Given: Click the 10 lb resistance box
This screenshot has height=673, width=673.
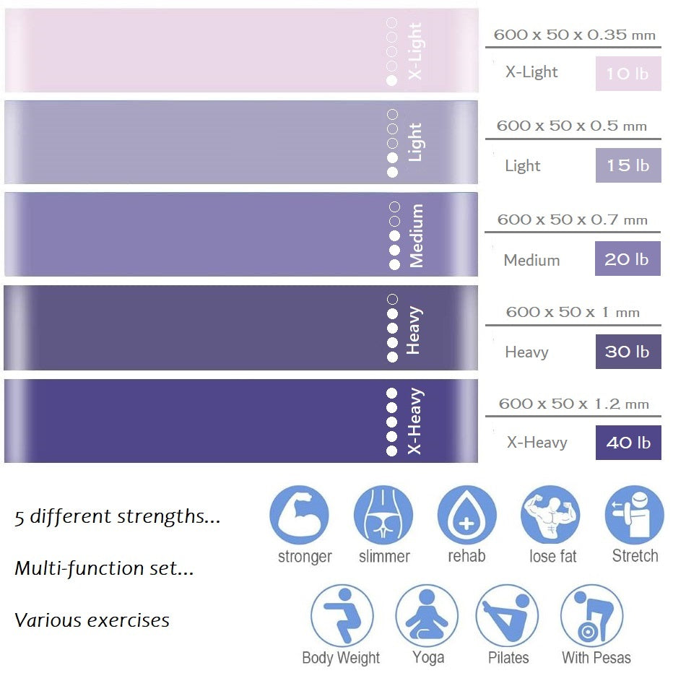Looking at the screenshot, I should point(628,74).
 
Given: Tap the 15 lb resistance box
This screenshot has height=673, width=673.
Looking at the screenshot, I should point(628,165).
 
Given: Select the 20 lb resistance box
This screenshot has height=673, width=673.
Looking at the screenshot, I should point(628,259).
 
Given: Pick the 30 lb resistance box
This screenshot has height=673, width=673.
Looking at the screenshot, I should point(628,352).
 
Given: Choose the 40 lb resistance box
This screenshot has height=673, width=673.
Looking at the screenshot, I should point(628,443).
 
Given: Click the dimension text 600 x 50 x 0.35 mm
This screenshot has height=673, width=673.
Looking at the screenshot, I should point(574,35).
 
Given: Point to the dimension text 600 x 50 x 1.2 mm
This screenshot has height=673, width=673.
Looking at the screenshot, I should point(573,404).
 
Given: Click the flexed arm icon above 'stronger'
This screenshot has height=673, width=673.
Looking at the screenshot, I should point(299,515).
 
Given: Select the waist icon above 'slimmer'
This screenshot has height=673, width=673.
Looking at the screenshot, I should point(383,515).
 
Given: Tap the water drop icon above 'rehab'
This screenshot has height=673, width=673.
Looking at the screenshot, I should point(466,515).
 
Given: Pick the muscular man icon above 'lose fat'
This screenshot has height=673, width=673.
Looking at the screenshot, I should point(550,515).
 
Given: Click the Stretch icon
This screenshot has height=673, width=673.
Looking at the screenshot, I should point(634,515).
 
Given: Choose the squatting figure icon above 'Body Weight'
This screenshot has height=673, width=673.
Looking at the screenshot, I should point(342,615).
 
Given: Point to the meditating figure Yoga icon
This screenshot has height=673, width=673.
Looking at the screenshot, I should point(426,615).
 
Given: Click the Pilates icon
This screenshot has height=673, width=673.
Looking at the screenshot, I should point(508,615).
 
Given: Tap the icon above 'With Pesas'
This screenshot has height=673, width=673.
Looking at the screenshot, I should point(591,615).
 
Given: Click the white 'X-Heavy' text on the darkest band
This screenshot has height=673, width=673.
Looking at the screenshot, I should point(415,422).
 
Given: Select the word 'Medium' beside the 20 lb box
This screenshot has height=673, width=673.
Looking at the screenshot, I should point(531,260).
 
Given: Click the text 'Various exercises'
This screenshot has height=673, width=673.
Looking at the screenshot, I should point(92,620).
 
